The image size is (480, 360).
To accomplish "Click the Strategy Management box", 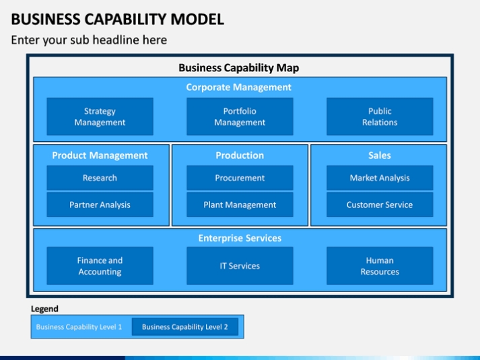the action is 100,116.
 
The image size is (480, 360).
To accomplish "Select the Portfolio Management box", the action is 240,116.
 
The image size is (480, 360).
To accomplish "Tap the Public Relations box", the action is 380,116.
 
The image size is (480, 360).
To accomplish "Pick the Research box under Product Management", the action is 100,178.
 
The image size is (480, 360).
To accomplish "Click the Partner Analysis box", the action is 100,205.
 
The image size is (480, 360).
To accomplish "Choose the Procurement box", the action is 240,178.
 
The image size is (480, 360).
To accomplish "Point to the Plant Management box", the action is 240,205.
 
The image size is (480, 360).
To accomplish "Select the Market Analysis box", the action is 380,178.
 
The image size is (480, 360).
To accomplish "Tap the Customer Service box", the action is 380,205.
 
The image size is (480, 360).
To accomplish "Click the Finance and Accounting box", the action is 100,266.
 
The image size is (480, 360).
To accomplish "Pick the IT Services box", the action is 240,266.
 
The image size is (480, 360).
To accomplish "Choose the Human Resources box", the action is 380,266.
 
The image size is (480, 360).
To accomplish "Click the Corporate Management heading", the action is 239,87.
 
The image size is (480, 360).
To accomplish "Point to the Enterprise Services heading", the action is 240,238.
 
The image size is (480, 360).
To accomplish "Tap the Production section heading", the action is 240,155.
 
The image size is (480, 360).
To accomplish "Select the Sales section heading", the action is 380,155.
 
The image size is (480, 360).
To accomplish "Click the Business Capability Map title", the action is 239,68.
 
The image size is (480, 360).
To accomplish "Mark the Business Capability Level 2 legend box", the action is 185,326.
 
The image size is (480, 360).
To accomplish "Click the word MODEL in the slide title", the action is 197,20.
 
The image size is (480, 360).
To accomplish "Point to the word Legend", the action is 44,309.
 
